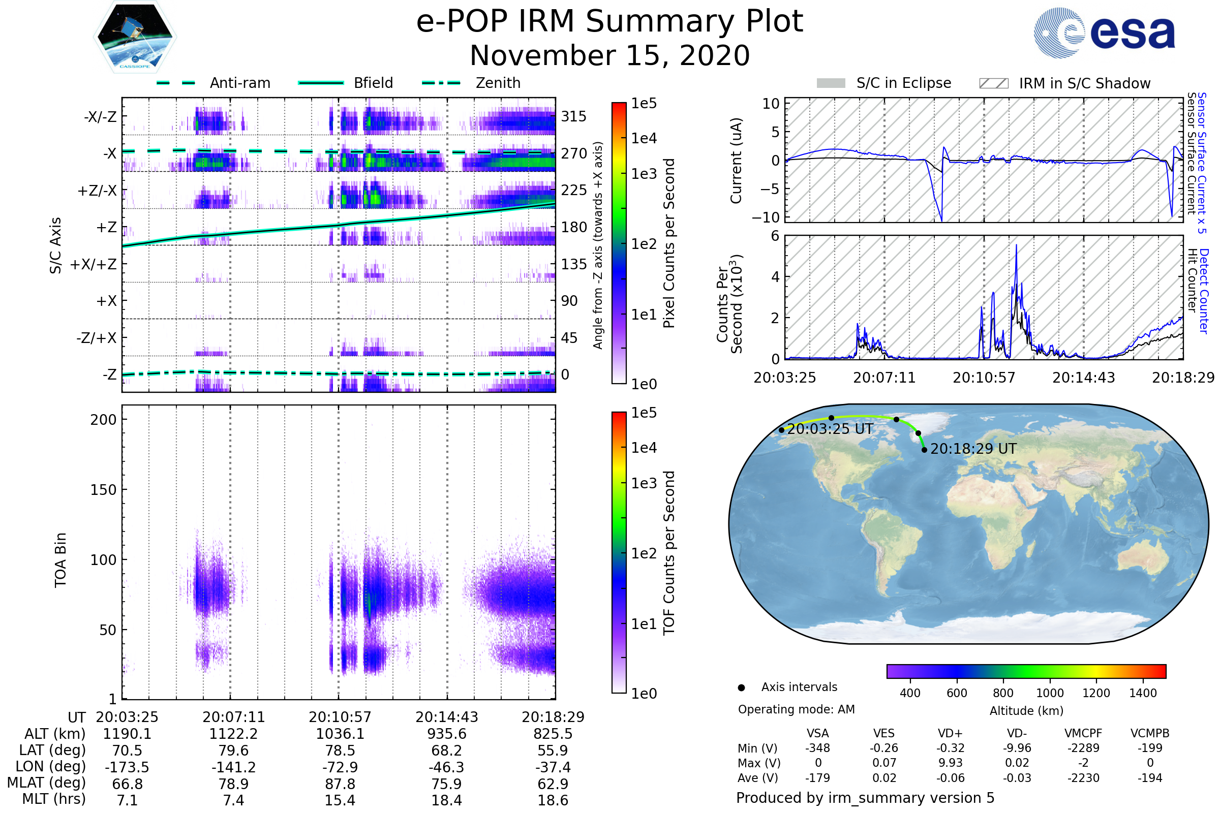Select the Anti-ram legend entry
[239, 83]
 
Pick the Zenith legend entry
[498, 83]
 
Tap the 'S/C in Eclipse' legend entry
[903, 83]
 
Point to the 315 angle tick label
[573, 116]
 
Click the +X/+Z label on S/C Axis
[94, 264]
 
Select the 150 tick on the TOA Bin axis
[103, 490]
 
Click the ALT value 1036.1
[340, 734]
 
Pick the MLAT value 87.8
[340, 784]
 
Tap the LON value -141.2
[233, 767]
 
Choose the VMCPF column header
[1083, 733]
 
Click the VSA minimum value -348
[817, 748]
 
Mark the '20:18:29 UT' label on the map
[973, 449]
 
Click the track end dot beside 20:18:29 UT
[924, 450]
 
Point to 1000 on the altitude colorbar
[1050, 693]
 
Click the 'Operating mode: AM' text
[796, 709]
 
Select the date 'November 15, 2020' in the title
[609, 55]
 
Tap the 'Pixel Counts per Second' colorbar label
[669, 243]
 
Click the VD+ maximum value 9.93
[950, 763]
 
